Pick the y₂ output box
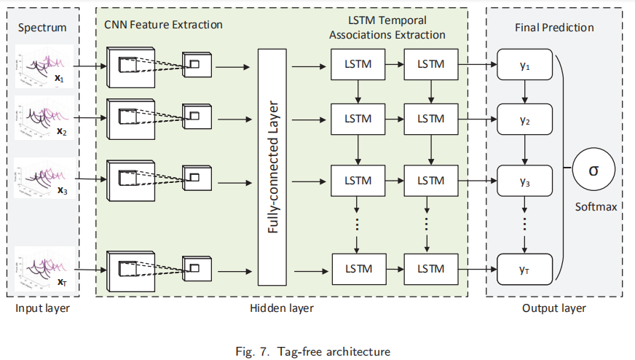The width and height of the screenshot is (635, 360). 524,119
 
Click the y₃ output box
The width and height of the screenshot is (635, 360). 524,181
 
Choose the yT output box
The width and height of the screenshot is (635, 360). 524,268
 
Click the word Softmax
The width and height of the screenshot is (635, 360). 596,207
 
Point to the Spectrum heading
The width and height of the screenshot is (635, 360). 42,28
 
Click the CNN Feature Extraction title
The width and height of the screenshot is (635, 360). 163,25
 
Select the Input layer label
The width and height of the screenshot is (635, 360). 42,308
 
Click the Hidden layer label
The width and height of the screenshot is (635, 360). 281,308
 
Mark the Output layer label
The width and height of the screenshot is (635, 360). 553,308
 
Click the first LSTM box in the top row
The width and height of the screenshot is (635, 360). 358,65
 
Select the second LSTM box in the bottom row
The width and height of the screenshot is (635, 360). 431,268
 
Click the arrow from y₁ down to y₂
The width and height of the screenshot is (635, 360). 524,92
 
